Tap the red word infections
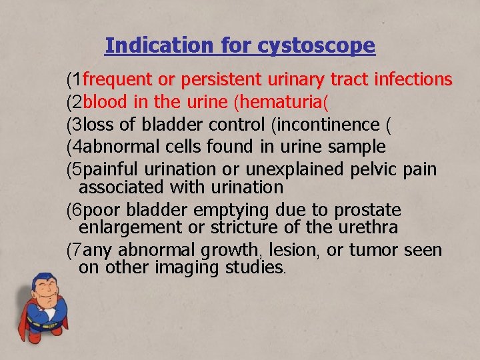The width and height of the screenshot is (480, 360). (413, 81)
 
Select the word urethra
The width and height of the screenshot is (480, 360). (368, 228)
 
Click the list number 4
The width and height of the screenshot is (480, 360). (79, 147)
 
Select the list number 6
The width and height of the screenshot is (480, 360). (79, 211)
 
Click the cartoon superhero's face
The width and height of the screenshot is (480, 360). (47, 293)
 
